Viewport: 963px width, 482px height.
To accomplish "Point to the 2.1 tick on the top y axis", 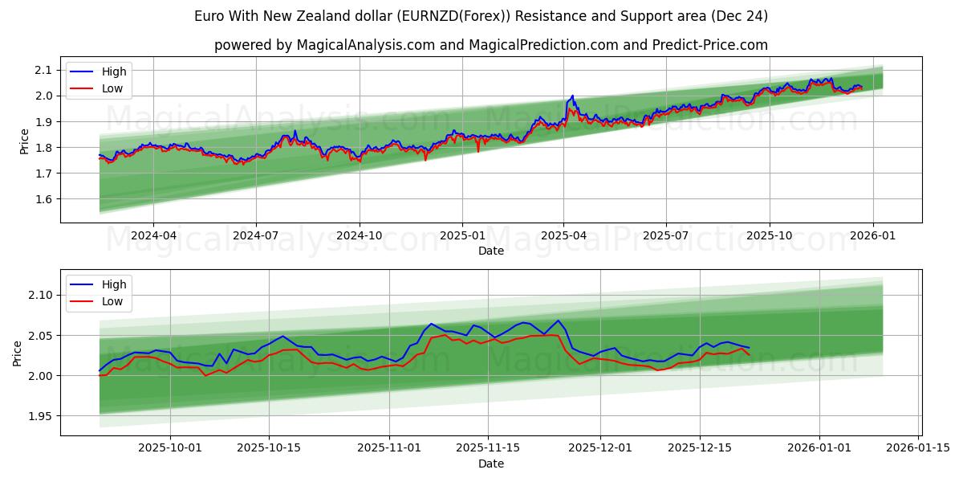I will [x=45, y=70].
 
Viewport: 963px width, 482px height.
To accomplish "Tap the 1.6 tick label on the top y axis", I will [x=45, y=199].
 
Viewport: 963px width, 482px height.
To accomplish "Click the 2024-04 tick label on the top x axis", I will [x=153, y=235].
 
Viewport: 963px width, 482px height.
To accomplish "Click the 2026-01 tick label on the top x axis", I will [x=872, y=235].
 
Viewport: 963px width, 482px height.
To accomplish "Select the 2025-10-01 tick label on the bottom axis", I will [x=171, y=448].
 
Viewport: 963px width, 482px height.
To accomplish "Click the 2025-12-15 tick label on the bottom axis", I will [x=699, y=448].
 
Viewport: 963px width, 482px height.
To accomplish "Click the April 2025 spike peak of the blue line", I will [x=572, y=96].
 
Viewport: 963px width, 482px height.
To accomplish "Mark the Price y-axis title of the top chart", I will [x=24, y=141].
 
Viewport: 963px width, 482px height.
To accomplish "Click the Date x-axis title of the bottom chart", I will [x=490, y=464].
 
